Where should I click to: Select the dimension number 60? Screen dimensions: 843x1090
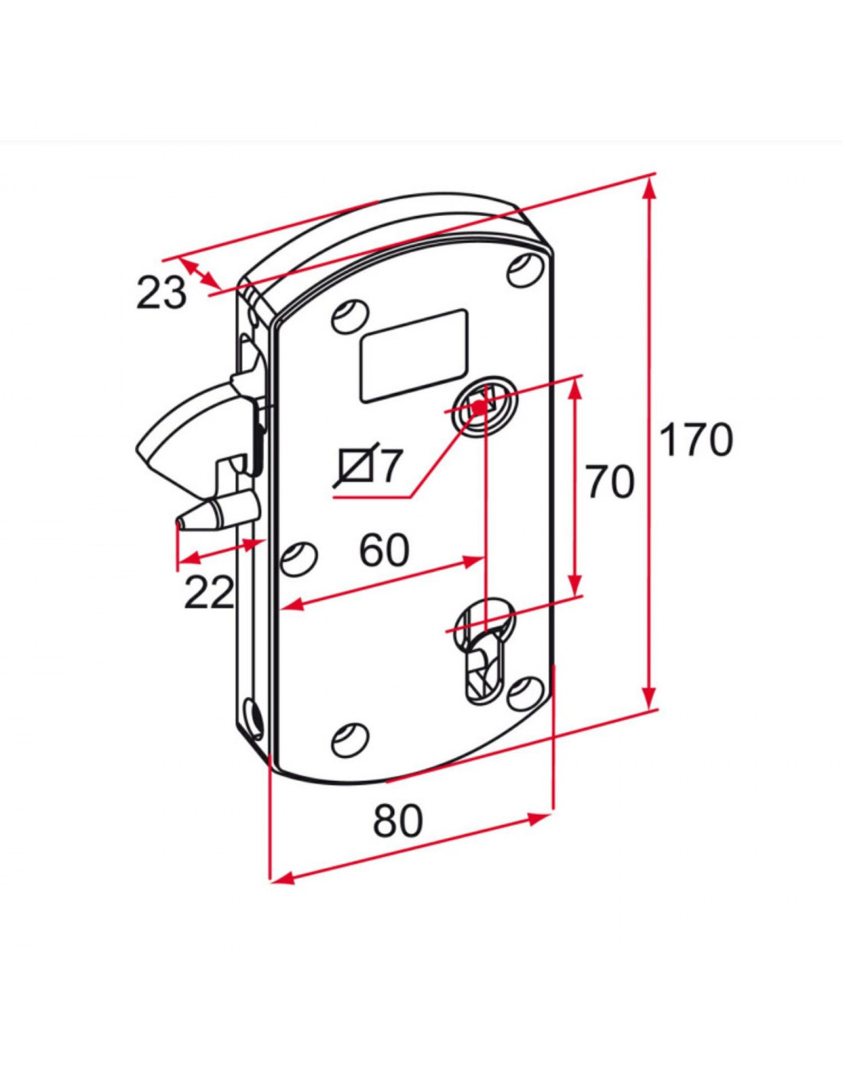[x=384, y=551]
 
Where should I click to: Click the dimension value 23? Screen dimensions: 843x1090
[x=162, y=293]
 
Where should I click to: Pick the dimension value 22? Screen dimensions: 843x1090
[x=208, y=592]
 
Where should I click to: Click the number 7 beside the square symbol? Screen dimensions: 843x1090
[x=389, y=467]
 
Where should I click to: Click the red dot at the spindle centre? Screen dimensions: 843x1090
[x=479, y=408]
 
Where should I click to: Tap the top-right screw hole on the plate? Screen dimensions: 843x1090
[x=524, y=269]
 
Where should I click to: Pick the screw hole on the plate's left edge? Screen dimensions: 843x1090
[x=300, y=559]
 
